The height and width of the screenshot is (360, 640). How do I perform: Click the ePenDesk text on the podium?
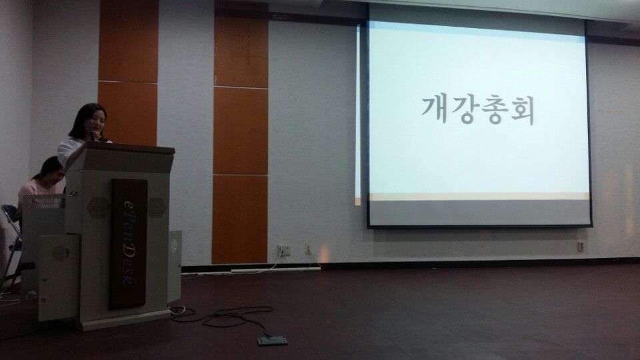(127, 243)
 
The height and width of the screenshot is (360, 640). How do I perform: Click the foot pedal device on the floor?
(273, 341)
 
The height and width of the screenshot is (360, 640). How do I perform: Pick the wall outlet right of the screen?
(581, 247)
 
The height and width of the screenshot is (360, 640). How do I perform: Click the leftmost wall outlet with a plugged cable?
(283, 251)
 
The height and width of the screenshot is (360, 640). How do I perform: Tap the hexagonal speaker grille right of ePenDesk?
(157, 207)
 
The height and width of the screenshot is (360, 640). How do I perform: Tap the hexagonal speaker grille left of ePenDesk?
(97, 207)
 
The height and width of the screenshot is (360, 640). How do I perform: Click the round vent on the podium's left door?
(61, 253)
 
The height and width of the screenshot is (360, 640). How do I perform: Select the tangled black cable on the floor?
(227, 316)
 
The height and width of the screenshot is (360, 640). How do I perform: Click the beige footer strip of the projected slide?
(477, 197)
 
